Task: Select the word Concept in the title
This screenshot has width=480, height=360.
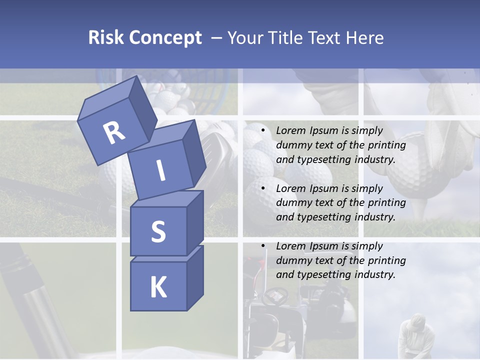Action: [165, 38]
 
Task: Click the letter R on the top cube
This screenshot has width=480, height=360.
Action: [114, 132]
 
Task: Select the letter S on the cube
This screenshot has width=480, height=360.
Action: [158, 231]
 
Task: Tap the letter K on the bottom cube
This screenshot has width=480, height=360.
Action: [158, 287]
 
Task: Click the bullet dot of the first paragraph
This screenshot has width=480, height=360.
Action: [262, 131]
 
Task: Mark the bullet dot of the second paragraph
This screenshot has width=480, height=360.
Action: [262, 189]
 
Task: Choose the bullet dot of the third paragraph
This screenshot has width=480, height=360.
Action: [262, 246]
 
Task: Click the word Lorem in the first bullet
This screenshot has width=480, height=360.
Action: [290, 131]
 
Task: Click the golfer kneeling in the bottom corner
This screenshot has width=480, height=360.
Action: [411, 335]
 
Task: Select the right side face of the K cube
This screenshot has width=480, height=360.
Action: [195, 277]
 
